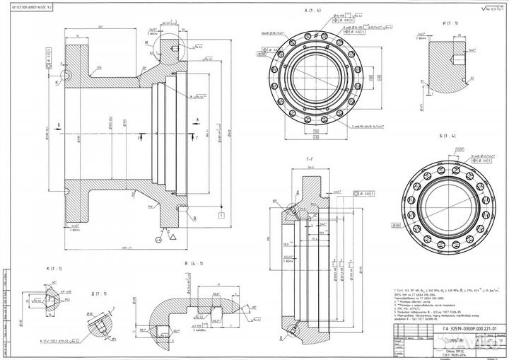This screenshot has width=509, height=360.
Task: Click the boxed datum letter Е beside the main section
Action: tap(221, 214)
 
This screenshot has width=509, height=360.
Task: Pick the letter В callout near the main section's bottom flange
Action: tap(193, 219)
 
